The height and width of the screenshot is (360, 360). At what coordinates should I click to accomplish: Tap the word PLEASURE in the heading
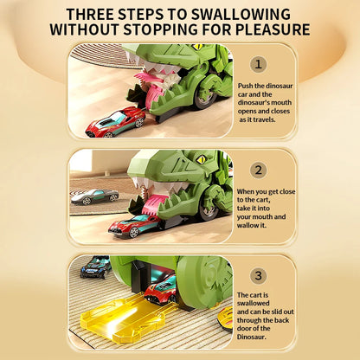coord(267,29)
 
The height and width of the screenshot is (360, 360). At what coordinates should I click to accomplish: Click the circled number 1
coord(259,65)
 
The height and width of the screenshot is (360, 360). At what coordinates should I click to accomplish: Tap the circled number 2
coord(259,170)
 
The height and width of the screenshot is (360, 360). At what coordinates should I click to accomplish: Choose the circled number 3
coord(259,275)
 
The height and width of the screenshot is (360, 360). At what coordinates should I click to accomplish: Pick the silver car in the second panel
coord(94,196)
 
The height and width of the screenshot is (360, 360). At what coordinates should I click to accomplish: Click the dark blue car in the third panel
coord(94,267)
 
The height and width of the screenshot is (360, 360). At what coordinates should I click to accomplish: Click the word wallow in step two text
coord(254,225)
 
